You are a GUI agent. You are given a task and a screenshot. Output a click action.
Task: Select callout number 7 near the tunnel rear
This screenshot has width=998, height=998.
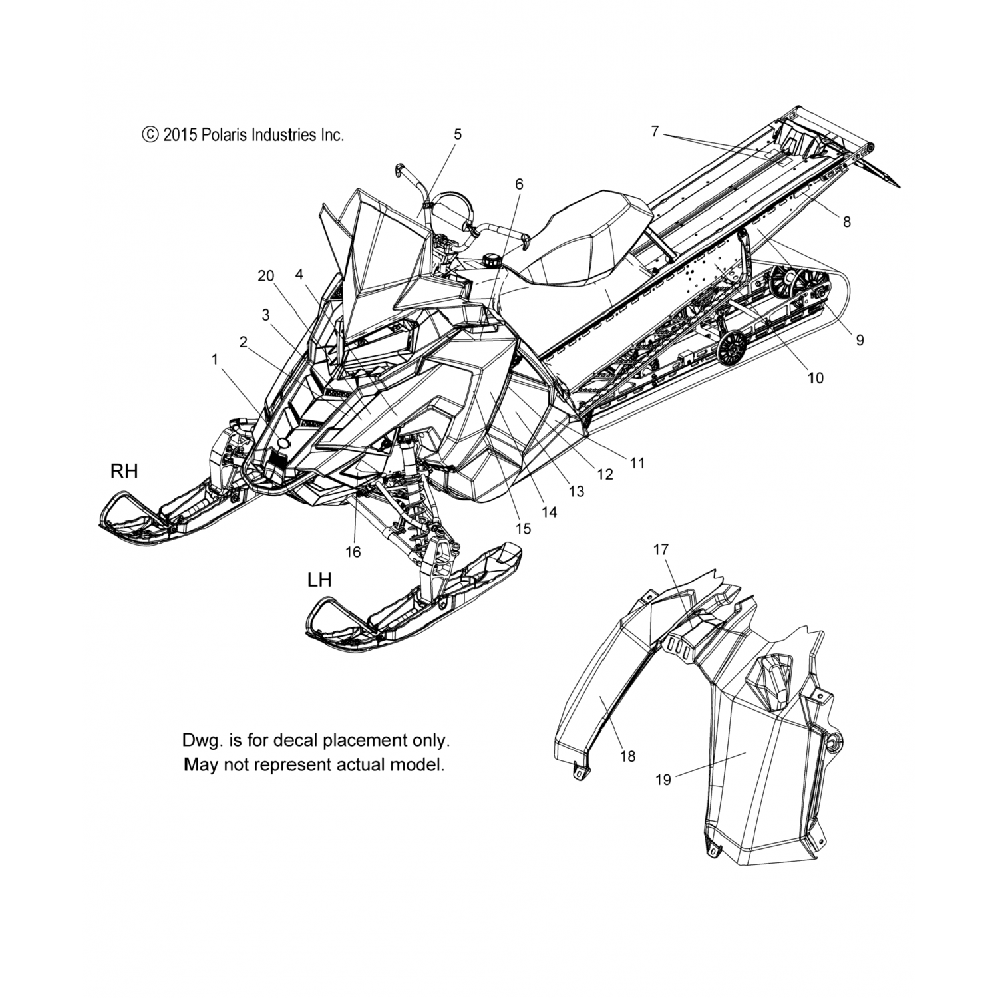(655, 132)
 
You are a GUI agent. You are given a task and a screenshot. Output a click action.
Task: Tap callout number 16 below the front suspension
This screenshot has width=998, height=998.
(353, 552)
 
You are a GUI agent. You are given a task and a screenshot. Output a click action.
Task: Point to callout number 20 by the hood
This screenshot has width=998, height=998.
(266, 276)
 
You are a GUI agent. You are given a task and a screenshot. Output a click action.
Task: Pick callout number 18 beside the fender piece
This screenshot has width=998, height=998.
(627, 756)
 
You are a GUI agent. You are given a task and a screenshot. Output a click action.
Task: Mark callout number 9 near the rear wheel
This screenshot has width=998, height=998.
(860, 340)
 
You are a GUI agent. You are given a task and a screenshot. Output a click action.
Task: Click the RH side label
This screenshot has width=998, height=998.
(124, 472)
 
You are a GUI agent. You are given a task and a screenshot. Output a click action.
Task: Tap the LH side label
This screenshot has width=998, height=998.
(319, 580)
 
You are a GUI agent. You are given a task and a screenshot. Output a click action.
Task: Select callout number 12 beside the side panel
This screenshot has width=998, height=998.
(605, 474)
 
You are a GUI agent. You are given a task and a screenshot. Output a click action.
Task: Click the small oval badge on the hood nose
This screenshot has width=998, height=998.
(284, 442)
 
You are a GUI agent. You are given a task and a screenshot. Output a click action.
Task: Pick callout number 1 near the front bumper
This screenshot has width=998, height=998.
(215, 359)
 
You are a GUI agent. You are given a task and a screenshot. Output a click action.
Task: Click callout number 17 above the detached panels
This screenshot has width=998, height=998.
(661, 550)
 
